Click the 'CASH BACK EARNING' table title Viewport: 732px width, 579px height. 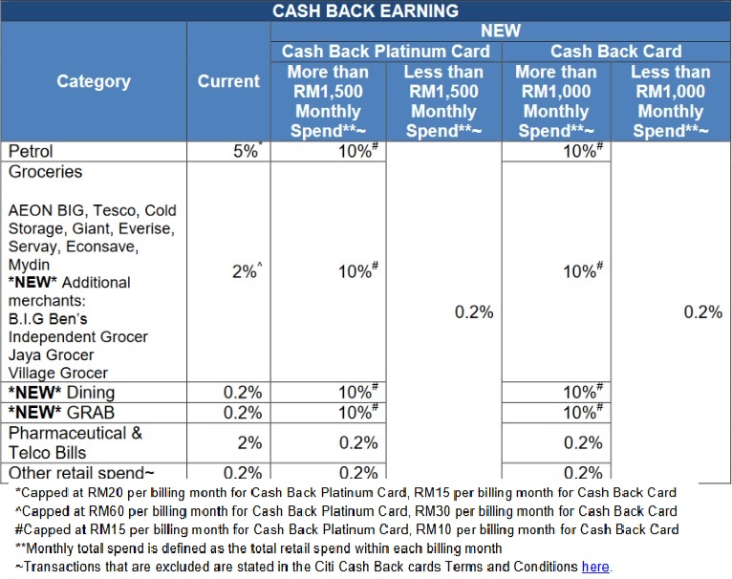pos(365,11)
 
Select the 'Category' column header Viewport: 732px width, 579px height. pos(94,81)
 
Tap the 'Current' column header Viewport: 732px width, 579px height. pos(228,81)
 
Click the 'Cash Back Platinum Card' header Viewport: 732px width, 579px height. pos(385,52)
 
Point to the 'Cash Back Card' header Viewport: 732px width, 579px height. pos(615,52)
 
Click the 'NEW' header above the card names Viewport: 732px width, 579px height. pos(501,31)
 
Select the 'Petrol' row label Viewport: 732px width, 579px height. pos(32,151)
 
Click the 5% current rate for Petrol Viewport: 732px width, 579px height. pos(246,151)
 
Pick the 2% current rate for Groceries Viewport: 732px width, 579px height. pos(245,271)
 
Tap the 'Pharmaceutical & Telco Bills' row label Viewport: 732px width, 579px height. pos(75,442)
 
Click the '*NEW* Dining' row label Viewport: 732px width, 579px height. pos(62,393)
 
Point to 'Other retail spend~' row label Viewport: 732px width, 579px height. pos(81,472)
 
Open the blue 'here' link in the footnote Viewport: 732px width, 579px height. pos(594,567)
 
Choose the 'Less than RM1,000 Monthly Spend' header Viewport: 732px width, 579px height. pos(670,101)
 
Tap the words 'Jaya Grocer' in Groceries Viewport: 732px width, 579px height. pos(52,355)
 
